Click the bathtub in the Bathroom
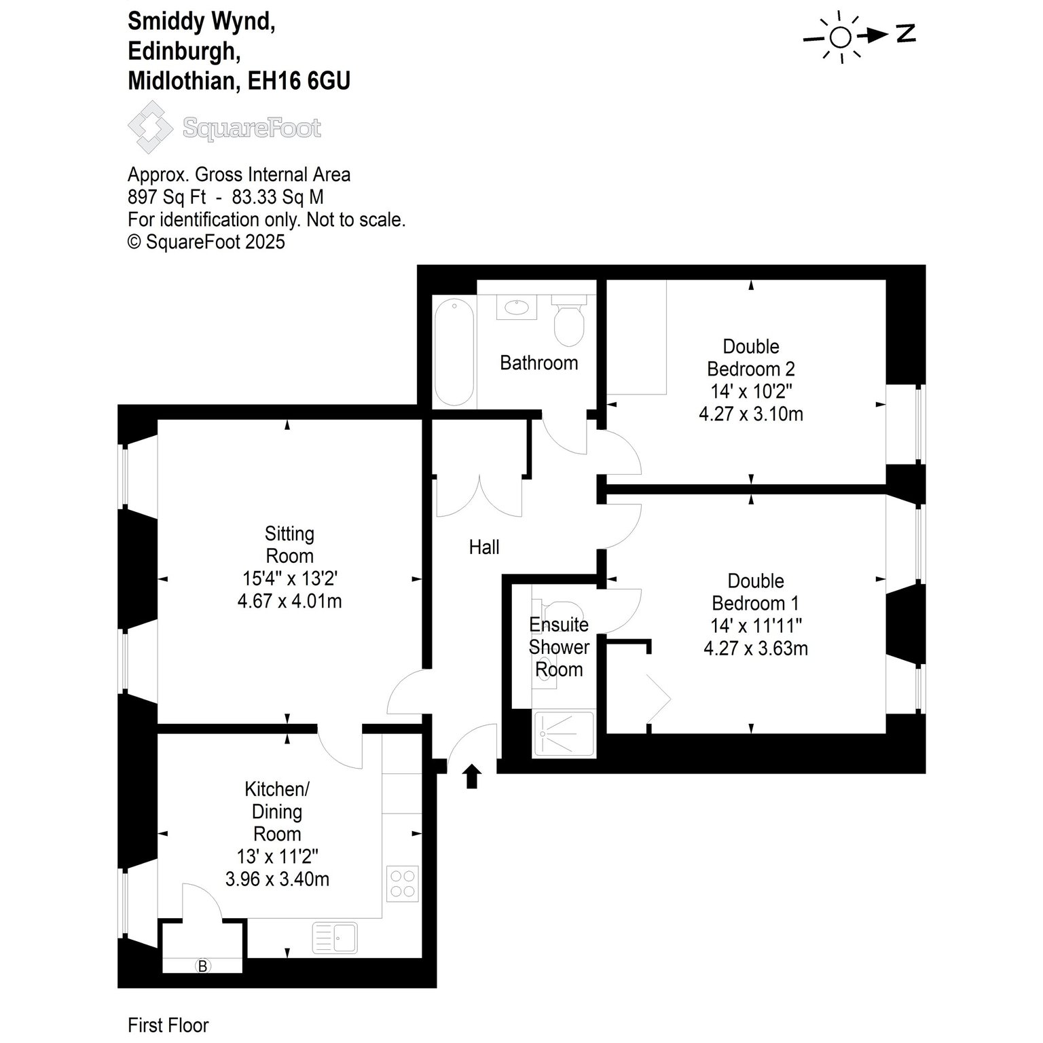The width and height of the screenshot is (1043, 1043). click(x=454, y=351)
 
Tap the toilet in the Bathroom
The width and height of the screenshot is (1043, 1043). click(x=568, y=320)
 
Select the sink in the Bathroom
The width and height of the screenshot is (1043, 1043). click(x=518, y=307)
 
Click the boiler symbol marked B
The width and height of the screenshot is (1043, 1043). click(x=202, y=965)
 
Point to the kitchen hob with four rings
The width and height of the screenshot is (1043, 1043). click(x=401, y=884)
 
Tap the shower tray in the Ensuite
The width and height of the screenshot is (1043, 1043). click(x=564, y=733)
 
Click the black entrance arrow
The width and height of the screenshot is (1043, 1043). click(x=472, y=776)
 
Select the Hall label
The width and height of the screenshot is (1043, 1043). click(x=484, y=547)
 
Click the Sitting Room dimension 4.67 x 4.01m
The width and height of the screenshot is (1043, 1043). click(x=290, y=601)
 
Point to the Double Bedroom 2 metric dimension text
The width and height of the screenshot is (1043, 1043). click(x=751, y=414)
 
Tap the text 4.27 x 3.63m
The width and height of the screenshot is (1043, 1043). click(x=756, y=648)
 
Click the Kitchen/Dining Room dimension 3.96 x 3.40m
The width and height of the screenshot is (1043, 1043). click(x=277, y=879)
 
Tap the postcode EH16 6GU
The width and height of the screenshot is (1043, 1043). click(x=299, y=81)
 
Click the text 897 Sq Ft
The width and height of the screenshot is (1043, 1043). click(x=166, y=198)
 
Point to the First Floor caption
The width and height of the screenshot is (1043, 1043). click(x=168, y=1025)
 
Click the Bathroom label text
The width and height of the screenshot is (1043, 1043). click(x=539, y=363)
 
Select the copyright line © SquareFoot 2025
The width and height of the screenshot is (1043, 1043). click(x=206, y=242)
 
